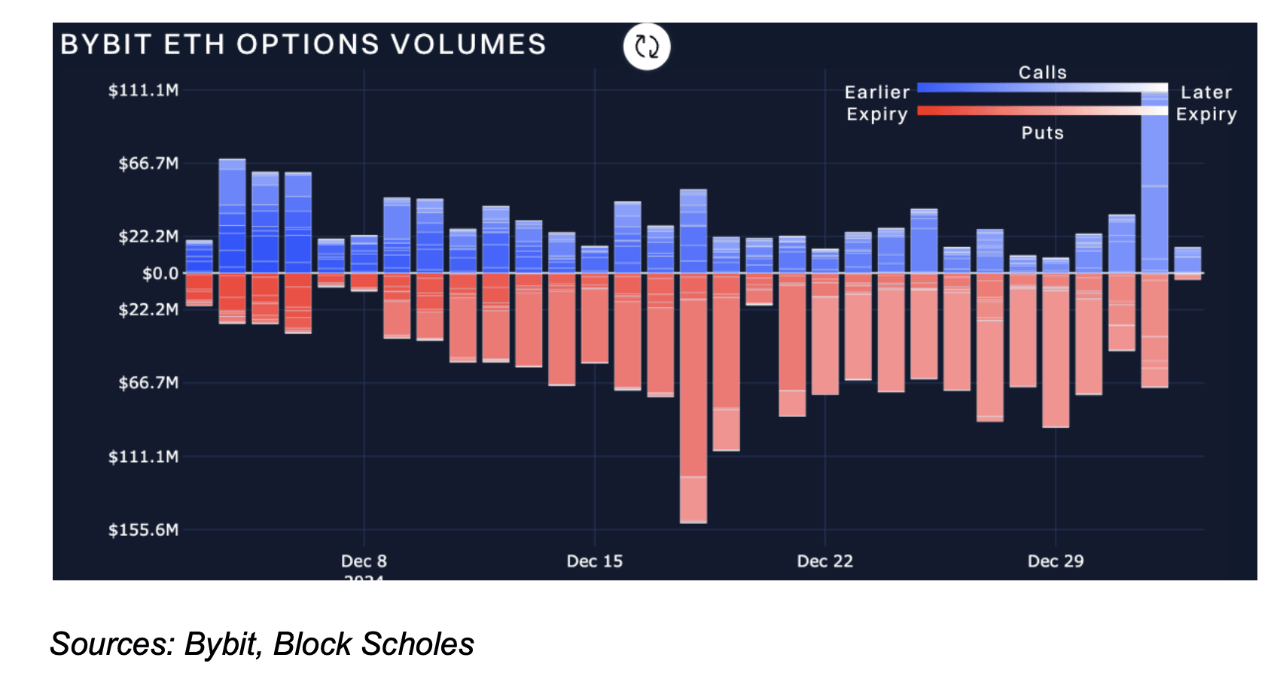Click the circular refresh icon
(x=647, y=47)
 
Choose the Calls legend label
(x=1043, y=72)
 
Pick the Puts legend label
(x=1043, y=133)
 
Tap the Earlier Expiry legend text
(x=877, y=103)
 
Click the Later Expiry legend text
(x=1206, y=103)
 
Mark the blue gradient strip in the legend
(x=1043, y=88)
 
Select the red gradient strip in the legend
(x=1043, y=111)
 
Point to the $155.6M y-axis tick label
(x=144, y=530)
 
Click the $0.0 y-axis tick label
(x=160, y=273)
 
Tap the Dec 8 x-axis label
(x=364, y=562)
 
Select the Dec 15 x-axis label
(x=595, y=562)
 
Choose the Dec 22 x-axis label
(x=825, y=562)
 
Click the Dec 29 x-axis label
(x=1056, y=562)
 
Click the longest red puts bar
(x=693, y=399)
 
